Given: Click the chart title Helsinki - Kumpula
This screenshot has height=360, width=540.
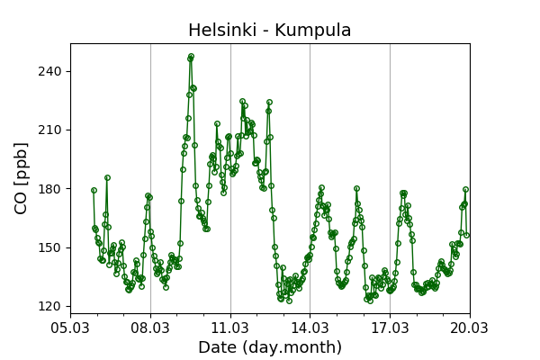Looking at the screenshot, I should [270, 31].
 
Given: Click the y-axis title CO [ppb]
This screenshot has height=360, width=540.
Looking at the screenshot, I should [22, 177].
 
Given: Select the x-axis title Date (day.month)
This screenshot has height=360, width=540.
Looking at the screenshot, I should [270, 347].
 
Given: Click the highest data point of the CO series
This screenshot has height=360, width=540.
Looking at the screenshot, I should [191, 57].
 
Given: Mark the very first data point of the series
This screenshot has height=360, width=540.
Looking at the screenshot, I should [94, 190].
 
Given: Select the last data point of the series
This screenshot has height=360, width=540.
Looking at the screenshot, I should [466, 235].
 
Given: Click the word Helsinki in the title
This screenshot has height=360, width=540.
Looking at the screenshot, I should [221, 31].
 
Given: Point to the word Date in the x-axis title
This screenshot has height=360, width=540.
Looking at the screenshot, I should [217, 347].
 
